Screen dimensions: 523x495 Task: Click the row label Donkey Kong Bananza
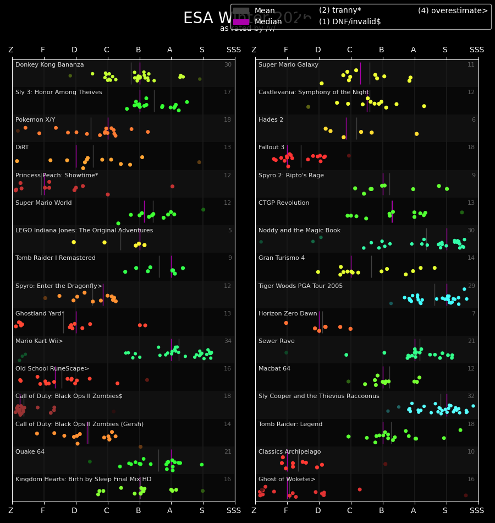click(x=50, y=65)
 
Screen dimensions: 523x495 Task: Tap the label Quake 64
click(x=30, y=452)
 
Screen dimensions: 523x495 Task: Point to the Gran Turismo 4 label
click(x=282, y=258)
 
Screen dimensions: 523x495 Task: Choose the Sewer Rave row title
click(x=277, y=341)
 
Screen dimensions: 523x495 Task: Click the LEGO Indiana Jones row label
click(x=84, y=231)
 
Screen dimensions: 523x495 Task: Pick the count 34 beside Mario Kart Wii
click(x=228, y=341)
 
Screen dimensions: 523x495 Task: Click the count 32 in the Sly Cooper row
click(x=471, y=396)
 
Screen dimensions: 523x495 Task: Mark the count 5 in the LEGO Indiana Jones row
click(x=230, y=231)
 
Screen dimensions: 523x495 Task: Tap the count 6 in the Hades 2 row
click(x=473, y=120)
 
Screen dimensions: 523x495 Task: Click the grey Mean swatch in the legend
click(x=241, y=11)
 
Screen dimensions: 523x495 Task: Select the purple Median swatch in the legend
click(x=241, y=22)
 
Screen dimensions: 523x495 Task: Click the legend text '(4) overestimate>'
click(x=453, y=11)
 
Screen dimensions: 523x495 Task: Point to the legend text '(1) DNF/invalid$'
click(x=350, y=22)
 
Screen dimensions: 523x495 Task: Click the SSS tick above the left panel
click(x=234, y=50)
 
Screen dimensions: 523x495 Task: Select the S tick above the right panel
click(x=445, y=50)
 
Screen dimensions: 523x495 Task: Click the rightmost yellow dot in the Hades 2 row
click(x=416, y=134)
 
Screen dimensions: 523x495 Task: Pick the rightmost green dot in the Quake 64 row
click(x=201, y=465)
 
